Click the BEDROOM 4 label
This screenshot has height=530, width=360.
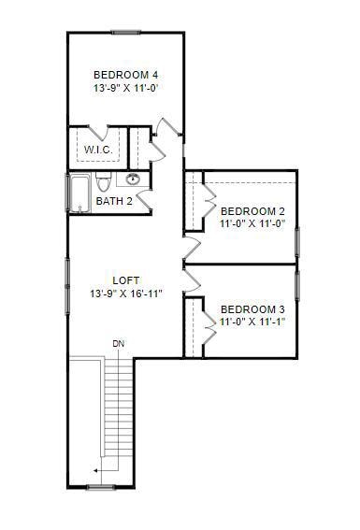click(x=125, y=75)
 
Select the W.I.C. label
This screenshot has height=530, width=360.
click(x=99, y=150)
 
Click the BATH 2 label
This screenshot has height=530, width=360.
click(x=114, y=201)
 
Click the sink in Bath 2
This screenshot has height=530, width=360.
click(x=133, y=179)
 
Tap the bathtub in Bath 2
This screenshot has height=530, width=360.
click(x=79, y=193)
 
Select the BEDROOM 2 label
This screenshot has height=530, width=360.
click(x=252, y=211)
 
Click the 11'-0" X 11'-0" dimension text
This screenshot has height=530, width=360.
click(x=252, y=224)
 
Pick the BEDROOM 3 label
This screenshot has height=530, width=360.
click(x=252, y=309)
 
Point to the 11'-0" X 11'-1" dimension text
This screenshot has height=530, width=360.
click(x=252, y=322)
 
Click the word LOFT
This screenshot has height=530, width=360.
click(x=126, y=280)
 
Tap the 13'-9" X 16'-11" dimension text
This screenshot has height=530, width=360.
click(x=126, y=294)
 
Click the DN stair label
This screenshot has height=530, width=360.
click(x=119, y=344)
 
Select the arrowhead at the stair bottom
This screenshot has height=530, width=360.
click(x=95, y=471)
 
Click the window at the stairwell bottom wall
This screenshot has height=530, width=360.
click(x=101, y=487)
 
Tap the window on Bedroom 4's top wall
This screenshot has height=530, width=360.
click(x=126, y=34)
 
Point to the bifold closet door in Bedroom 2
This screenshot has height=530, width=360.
click(x=209, y=201)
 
